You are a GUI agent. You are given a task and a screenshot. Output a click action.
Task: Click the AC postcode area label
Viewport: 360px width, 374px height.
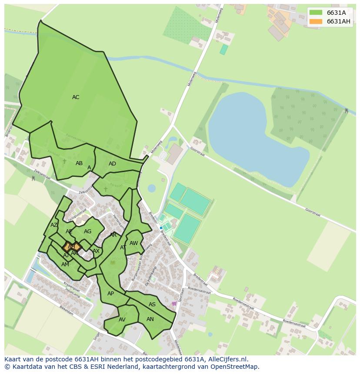[76, 97]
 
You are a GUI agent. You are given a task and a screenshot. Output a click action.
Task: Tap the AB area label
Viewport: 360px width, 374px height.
[79, 163]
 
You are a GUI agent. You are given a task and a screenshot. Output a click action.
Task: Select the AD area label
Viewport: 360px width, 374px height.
[112, 164]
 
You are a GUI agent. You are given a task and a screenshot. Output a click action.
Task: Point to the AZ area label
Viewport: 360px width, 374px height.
[54, 225]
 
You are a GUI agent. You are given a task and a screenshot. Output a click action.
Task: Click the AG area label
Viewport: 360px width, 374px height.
[88, 232]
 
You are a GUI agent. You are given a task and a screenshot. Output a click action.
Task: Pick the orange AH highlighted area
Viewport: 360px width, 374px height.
[71, 247]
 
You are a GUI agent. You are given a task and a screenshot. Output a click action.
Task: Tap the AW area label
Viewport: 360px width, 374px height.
[134, 243]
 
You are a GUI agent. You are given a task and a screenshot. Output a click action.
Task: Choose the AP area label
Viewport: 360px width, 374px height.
[110, 294]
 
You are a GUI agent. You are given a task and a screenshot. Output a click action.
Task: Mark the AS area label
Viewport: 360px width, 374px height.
[152, 304]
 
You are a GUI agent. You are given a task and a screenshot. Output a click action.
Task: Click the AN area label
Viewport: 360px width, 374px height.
[150, 319]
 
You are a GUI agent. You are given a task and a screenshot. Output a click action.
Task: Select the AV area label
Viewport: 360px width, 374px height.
[122, 320]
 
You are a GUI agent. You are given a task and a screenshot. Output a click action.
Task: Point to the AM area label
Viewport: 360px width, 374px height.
[65, 265]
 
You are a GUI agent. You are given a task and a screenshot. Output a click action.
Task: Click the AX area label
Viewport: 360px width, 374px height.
[96, 251]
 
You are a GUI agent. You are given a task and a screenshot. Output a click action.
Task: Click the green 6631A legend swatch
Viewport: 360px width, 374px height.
[316, 13]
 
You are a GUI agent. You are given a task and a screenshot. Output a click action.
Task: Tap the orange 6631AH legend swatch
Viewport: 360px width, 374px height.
[316, 21]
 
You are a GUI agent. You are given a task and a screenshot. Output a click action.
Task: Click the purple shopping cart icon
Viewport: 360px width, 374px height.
[174, 304]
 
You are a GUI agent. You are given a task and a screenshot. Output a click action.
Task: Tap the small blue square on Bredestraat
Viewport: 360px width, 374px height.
[161, 228]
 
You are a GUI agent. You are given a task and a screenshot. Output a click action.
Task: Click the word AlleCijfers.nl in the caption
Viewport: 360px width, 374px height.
[227, 359]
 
